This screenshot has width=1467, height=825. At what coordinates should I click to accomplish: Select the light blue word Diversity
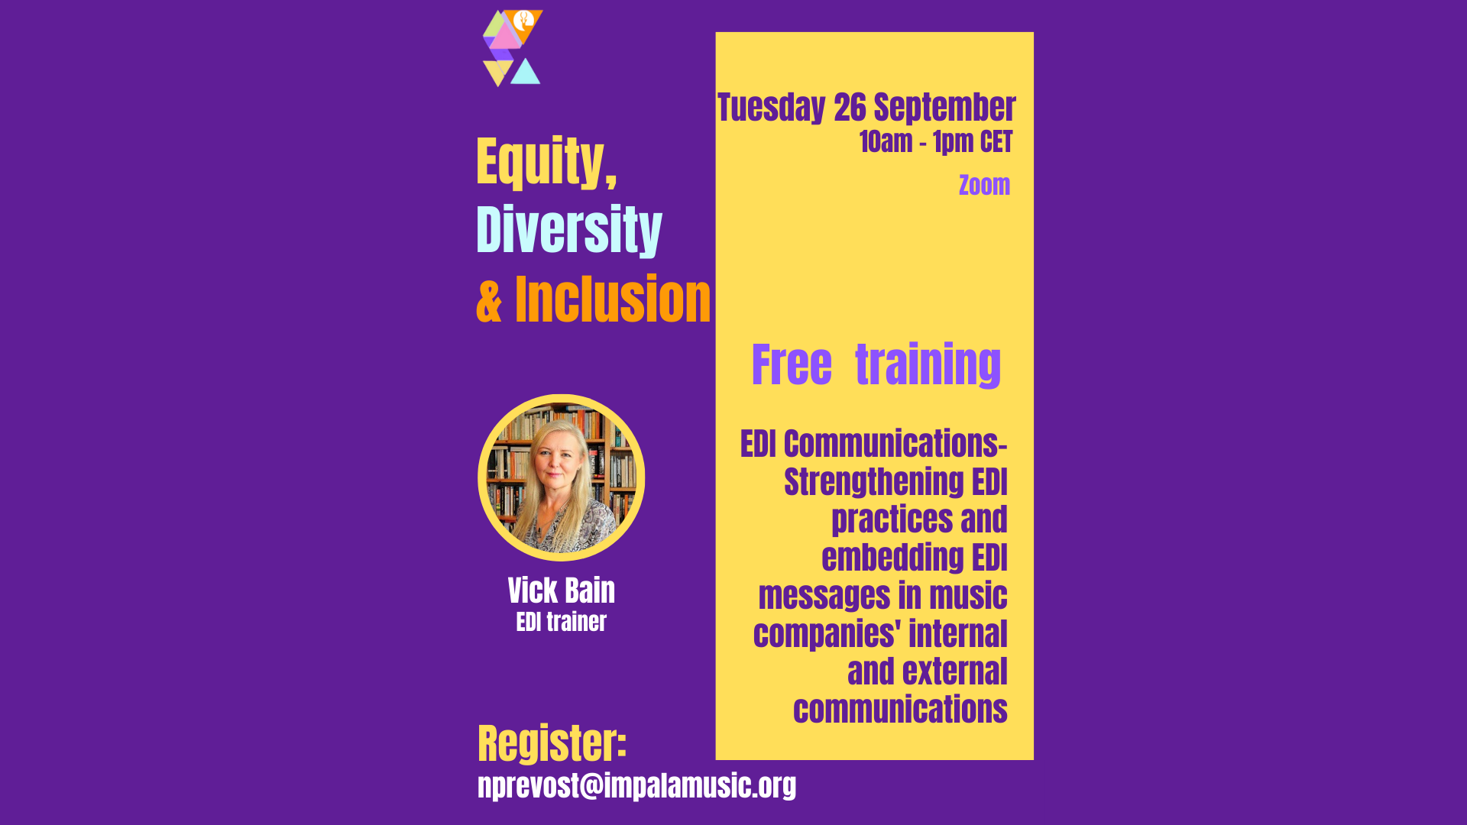[569, 229]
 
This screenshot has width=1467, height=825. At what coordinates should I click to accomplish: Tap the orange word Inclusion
[613, 299]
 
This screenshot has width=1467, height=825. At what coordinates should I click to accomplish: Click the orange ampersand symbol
[489, 301]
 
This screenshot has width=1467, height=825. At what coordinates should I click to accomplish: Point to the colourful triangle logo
[513, 48]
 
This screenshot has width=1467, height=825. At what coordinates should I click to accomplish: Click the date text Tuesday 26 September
[866, 108]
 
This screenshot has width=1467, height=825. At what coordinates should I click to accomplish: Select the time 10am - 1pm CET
[936, 142]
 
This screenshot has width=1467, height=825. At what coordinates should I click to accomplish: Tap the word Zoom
[984, 185]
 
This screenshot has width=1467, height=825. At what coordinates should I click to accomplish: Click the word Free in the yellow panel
[792, 364]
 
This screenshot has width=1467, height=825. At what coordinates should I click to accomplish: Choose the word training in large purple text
[928, 365]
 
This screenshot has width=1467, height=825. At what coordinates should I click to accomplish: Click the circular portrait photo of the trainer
[562, 477]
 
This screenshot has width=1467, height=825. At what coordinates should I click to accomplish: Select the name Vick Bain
[562, 590]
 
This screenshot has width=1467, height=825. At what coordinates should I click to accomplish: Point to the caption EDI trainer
[562, 622]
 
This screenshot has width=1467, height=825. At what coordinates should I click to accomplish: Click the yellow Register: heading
[552, 743]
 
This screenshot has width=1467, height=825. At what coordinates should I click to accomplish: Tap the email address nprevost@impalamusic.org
[636, 785]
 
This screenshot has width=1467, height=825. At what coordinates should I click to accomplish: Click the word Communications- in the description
[895, 444]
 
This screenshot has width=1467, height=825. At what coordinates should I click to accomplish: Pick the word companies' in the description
[827, 635]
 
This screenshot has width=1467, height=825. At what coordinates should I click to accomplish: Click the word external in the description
[955, 672]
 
